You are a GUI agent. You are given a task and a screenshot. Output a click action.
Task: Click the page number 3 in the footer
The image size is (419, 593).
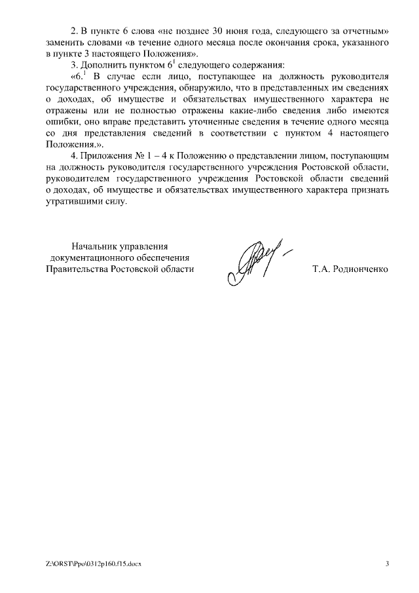coord(387,564)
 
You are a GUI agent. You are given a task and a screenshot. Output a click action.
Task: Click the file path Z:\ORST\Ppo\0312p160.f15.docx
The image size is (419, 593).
coord(94,564)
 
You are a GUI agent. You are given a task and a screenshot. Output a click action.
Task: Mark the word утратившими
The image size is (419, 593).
coord(75,202)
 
